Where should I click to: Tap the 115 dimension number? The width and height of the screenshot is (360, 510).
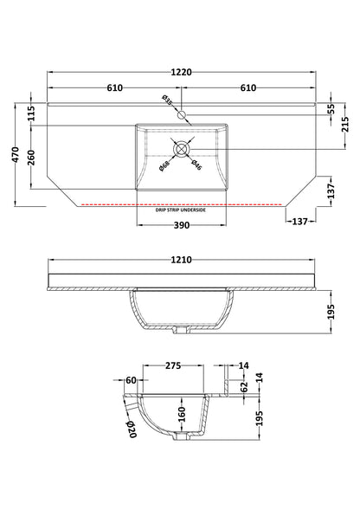click(30, 113)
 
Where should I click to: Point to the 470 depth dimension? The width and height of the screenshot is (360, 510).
click(13, 156)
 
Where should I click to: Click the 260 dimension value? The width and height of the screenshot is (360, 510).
click(30, 158)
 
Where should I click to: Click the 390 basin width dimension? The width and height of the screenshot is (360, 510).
click(181, 225)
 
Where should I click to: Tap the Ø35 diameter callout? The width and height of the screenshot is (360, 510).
click(170, 103)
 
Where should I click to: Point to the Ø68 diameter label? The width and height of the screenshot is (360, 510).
click(164, 165)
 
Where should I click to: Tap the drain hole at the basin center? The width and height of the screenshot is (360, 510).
click(181, 149)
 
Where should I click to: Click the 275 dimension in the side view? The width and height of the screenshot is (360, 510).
click(172, 366)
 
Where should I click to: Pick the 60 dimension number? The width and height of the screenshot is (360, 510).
click(131, 379)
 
